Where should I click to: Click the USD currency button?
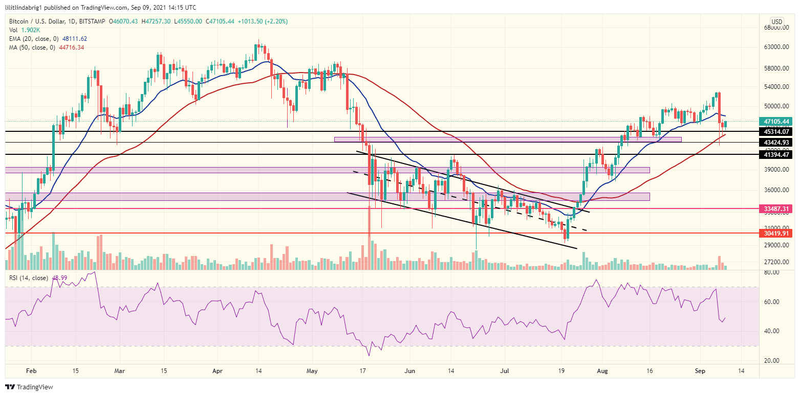776,21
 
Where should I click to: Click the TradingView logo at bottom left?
29,387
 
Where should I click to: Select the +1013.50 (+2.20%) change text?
268,21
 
